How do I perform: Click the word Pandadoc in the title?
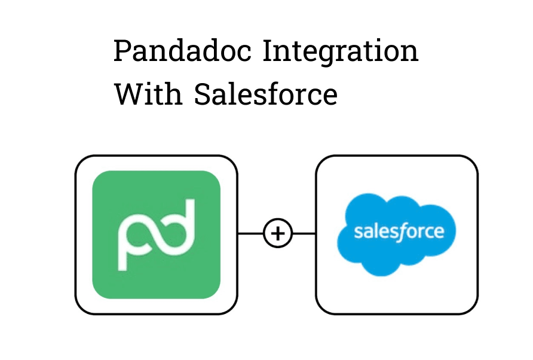[182, 51]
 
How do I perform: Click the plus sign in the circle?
[278, 234]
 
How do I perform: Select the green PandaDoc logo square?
[157, 235]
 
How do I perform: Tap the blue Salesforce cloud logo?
[396, 234]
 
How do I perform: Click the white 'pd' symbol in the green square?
[157, 235]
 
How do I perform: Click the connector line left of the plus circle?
[251, 234]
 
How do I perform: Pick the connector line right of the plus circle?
[304, 234]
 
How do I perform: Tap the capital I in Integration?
[268, 51]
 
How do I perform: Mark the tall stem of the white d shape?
[191, 221]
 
